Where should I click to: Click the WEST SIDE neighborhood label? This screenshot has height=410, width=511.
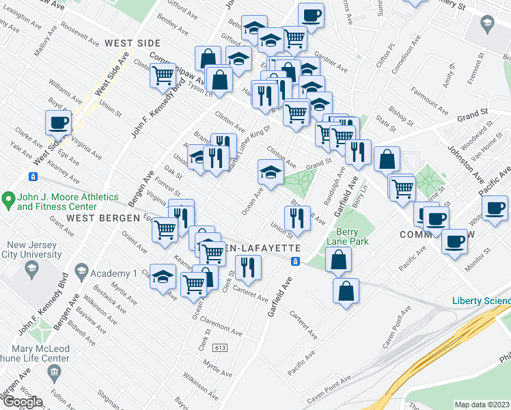pyautogui.click(x=133, y=43)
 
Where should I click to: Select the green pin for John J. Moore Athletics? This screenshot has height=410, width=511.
pyautogui.click(x=9, y=200)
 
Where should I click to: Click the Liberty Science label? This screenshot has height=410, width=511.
pyautogui.click(x=481, y=301)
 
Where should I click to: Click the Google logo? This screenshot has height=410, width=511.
pyautogui.click(x=23, y=401)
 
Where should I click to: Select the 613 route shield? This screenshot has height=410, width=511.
pyautogui.click(x=220, y=348)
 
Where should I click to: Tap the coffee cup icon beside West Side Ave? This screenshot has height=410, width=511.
pyautogui.click(x=59, y=123)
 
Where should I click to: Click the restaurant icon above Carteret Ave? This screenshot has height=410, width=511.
pyautogui.click(x=248, y=267)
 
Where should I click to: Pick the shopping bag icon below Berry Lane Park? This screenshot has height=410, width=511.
pyautogui.click(x=346, y=290)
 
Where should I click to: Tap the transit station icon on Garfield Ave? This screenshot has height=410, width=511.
pyautogui.click(x=295, y=261)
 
